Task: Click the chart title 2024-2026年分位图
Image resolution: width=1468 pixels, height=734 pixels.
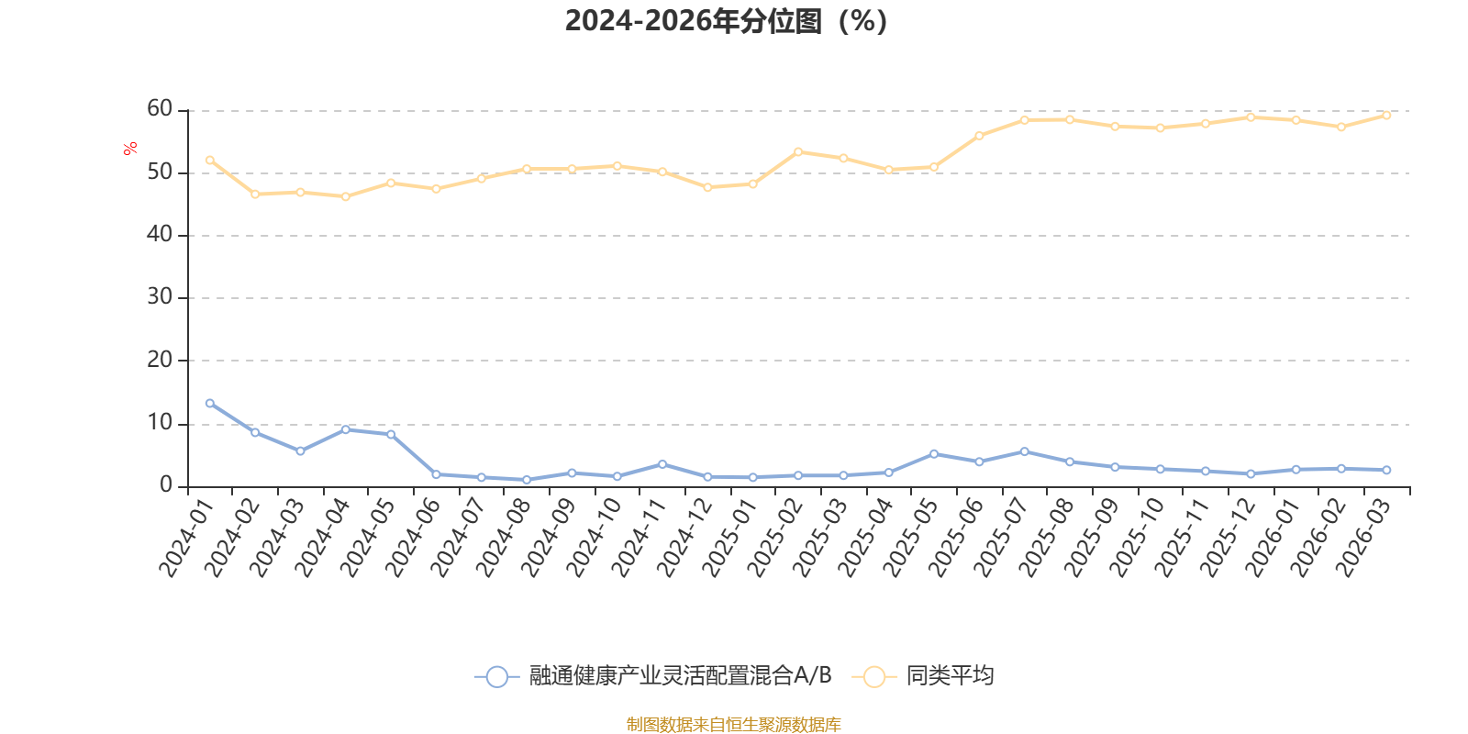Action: pyautogui.click(x=725, y=21)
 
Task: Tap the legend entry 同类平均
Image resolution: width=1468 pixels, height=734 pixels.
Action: pyautogui.click(x=949, y=676)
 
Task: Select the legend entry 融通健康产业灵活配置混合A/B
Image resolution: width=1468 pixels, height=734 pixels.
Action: pyautogui.click(x=680, y=676)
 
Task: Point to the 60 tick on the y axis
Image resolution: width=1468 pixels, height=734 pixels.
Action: pyautogui.click(x=160, y=109)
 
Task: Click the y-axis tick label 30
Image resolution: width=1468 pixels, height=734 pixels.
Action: pyautogui.click(x=160, y=297)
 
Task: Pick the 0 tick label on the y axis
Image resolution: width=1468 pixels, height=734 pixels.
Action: pyautogui.click(x=166, y=485)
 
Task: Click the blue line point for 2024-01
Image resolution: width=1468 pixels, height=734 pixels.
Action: pyautogui.click(x=210, y=404)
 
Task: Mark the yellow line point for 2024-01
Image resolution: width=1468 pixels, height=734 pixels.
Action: pyautogui.click(x=210, y=160)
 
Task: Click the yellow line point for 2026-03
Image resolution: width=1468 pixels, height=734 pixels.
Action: pyautogui.click(x=1386, y=116)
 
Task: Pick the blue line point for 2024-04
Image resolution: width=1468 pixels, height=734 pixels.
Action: pyautogui.click(x=346, y=429)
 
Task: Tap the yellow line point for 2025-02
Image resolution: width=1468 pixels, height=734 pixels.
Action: pyautogui.click(x=798, y=151)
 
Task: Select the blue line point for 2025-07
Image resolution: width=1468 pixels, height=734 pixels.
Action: pyautogui.click(x=1025, y=451)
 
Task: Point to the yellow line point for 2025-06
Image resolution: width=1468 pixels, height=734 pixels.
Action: pyautogui.click(x=979, y=136)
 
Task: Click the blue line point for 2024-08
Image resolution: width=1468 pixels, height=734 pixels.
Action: pyautogui.click(x=527, y=480)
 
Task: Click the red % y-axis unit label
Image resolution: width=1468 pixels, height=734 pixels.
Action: pyautogui.click(x=130, y=149)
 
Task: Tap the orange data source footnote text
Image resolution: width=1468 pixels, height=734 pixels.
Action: pyautogui.click(x=733, y=725)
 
